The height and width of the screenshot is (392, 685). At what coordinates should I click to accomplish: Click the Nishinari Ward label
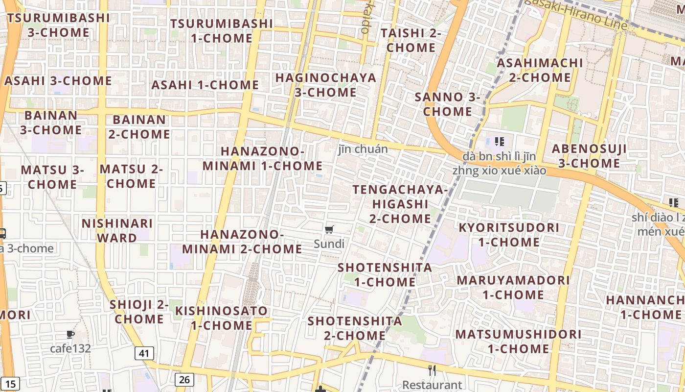117,231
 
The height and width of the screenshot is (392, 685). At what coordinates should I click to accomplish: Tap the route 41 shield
144,353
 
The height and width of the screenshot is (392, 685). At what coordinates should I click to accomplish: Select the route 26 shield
184,379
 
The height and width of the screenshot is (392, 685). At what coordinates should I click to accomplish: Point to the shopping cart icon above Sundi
329,229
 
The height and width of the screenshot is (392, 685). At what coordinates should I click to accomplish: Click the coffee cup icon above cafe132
70,335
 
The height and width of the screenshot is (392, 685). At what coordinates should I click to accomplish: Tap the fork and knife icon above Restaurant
432,370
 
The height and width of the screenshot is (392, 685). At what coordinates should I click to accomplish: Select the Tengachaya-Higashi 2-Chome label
400,204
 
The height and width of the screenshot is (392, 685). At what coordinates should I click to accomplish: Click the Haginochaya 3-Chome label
326,85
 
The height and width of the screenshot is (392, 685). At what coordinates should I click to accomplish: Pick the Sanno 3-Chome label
448,104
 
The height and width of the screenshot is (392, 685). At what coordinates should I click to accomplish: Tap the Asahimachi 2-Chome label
540,70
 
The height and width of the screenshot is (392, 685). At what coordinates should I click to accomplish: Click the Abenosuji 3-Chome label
589,156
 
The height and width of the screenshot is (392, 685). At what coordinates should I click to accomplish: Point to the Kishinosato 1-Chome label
222,318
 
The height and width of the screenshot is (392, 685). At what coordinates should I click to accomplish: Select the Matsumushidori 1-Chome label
519,342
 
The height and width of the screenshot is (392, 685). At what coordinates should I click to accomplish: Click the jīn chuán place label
363,149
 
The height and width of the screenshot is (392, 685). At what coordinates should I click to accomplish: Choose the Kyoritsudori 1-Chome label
509,235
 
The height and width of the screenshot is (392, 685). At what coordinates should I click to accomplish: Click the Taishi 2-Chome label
411,40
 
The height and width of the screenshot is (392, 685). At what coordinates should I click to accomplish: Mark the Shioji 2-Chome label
139,312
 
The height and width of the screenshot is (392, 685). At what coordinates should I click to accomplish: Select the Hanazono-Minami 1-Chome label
263,158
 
